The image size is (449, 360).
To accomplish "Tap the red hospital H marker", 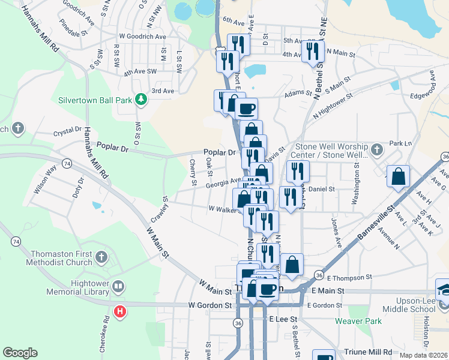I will tap(120, 312).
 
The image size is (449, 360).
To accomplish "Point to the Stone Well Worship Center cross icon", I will tap(376, 148).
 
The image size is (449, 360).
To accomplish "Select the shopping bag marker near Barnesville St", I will tap(398, 177).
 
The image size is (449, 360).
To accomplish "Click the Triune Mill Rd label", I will tap(368, 352).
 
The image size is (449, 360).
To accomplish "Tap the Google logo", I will tap(20, 353).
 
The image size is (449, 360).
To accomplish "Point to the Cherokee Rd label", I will tap(106, 332).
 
